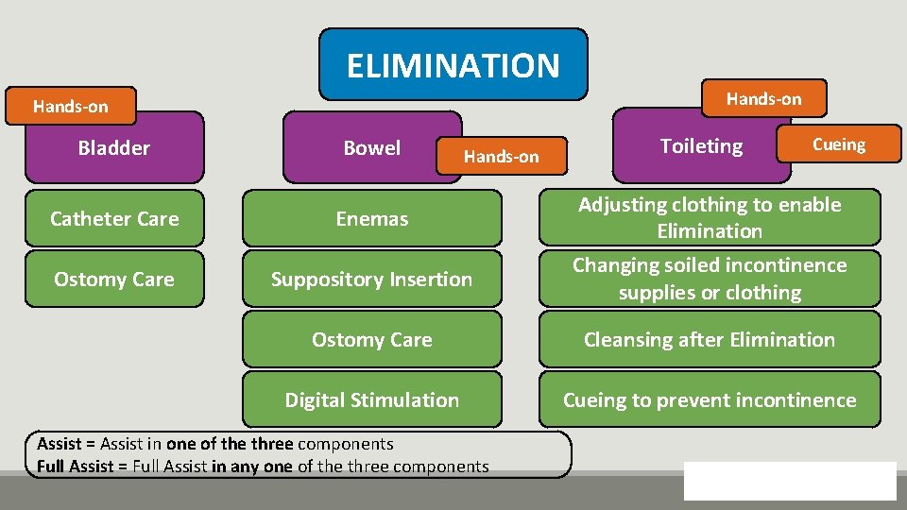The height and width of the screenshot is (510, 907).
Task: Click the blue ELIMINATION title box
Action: click(x=453, y=64)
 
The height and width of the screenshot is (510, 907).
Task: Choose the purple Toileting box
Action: click(x=700, y=147)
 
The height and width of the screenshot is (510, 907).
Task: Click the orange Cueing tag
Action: click(x=838, y=144)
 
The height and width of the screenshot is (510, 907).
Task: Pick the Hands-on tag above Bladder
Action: click(x=71, y=106)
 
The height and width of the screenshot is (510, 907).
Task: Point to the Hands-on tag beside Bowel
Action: click(x=501, y=157)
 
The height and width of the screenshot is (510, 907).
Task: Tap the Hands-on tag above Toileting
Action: click(x=763, y=98)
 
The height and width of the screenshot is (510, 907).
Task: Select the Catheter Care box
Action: click(x=114, y=218)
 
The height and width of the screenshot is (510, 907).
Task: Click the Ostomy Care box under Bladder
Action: click(x=114, y=279)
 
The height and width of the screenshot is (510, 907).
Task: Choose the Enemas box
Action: click(x=372, y=218)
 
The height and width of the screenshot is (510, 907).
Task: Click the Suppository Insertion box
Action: click(x=372, y=279)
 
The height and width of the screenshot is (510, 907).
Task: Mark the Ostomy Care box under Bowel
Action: click(x=372, y=339)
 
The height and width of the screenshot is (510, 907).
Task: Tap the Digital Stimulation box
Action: click(x=372, y=399)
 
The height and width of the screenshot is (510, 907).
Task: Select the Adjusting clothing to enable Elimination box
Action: click(x=710, y=217)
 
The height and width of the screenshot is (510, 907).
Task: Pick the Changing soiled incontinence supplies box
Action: click(x=710, y=279)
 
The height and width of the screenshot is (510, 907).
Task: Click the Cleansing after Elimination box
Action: click(x=710, y=339)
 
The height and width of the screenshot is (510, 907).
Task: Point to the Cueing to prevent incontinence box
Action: click(x=710, y=399)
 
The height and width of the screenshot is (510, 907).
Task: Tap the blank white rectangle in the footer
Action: click(x=790, y=480)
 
